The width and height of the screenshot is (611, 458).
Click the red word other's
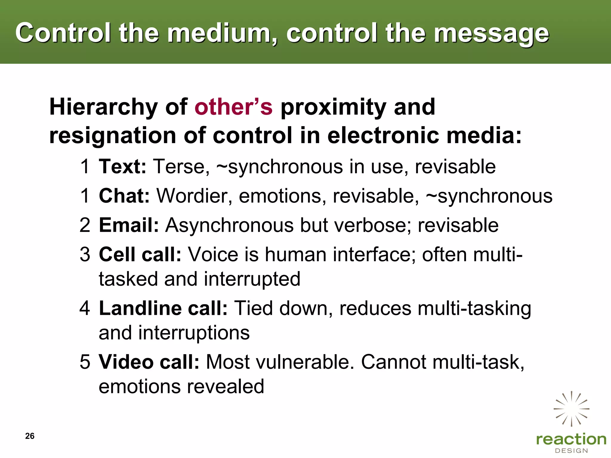(233, 107)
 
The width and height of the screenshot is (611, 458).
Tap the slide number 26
(30, 436)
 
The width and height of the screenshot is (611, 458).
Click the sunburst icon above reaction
(571, 409)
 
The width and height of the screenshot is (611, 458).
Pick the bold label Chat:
(124, 196)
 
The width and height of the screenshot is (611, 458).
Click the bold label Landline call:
(163, 308)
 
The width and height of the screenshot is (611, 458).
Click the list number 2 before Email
(85, 225)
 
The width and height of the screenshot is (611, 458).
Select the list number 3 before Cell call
(85, 255)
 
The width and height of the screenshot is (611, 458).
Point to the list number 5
(85, 362)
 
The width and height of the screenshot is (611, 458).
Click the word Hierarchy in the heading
(103, 107)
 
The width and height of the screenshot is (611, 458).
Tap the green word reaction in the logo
(571, 440)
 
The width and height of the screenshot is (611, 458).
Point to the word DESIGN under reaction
(571, 451)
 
